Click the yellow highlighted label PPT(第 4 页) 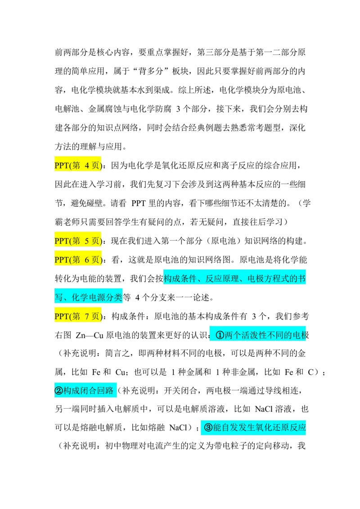tap(78, 165)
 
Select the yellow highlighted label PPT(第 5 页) tap(78, 241)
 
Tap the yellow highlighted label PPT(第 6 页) tap(78, 259)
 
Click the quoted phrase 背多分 tap(151, 71)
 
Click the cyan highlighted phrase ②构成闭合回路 tap(85, 390)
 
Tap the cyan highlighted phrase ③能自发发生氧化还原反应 tap(254, 427)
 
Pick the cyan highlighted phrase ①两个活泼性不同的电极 tap(258, 335)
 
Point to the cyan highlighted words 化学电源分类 tap(97, 297)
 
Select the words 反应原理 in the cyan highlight tap(222, 278)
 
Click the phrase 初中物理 tap(122, 446)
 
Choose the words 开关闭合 tap(180, 390)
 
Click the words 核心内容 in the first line tap(113, 52)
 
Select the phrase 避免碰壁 tap(87, 203)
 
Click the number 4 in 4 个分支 tap(137, 297)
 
